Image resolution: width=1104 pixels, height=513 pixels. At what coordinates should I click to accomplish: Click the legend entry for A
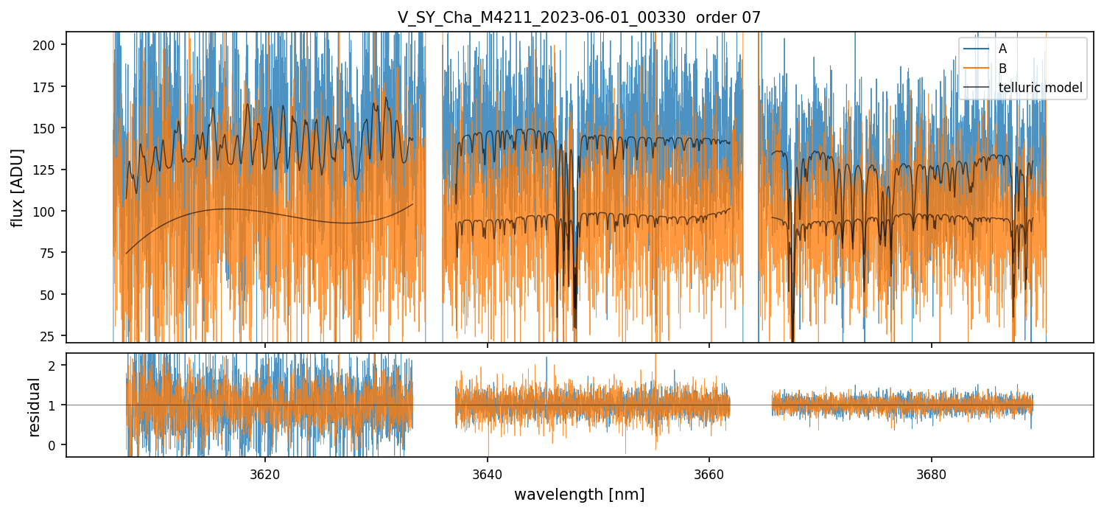[1002, 49]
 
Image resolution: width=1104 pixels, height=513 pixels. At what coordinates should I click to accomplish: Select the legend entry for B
[1002, 68]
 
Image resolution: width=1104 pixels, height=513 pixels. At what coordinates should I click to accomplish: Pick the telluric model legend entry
[1040, 88]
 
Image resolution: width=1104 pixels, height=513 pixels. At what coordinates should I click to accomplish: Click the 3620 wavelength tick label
[265, 472]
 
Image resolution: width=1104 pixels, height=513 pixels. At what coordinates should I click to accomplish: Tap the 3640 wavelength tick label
[488, 472]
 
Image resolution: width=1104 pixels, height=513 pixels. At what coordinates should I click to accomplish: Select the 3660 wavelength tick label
[709, 472]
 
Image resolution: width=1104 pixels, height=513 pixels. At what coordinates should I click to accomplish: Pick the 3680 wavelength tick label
[932, 472]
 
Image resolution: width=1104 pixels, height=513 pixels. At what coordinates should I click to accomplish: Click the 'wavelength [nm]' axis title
[579, 494]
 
